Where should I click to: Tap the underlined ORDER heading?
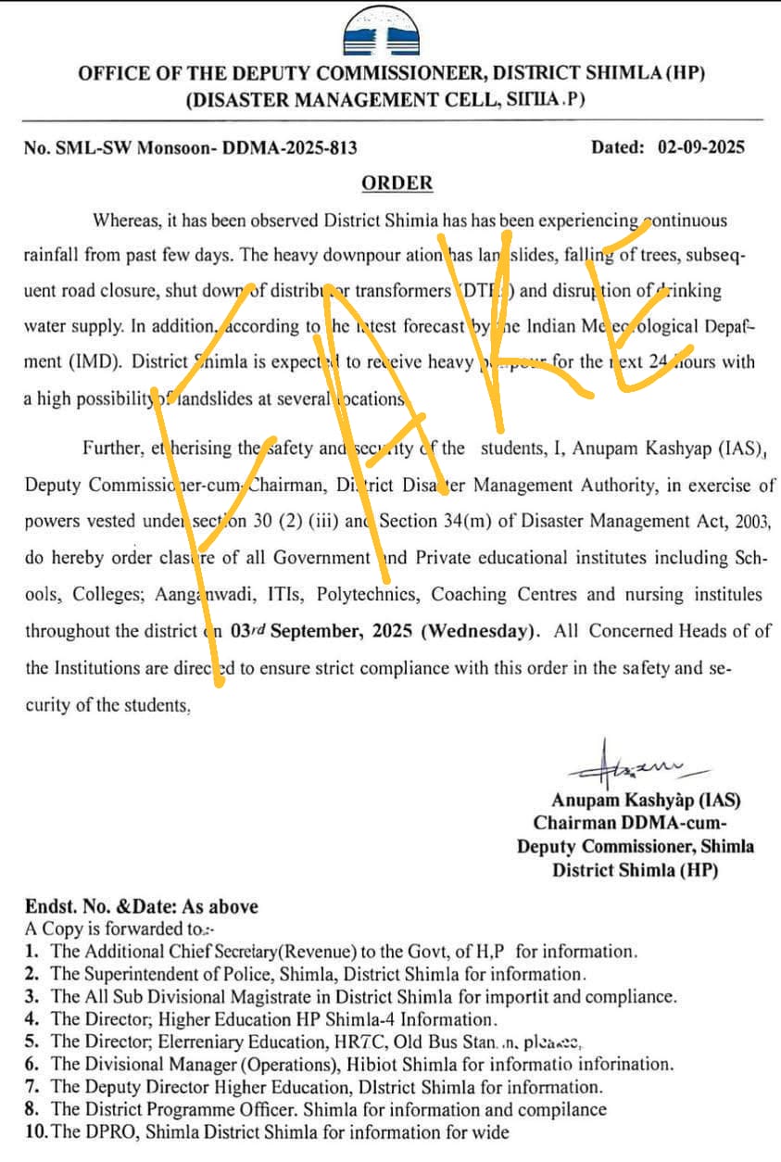click(x=397, y=183)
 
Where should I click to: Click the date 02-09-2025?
click(x=700, y=146)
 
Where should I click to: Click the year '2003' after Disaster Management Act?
click(x=751, y=522)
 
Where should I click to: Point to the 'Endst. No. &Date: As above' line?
click(x=142, y=906)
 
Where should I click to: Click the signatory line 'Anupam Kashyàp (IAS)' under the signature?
click(x=646, y=799)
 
